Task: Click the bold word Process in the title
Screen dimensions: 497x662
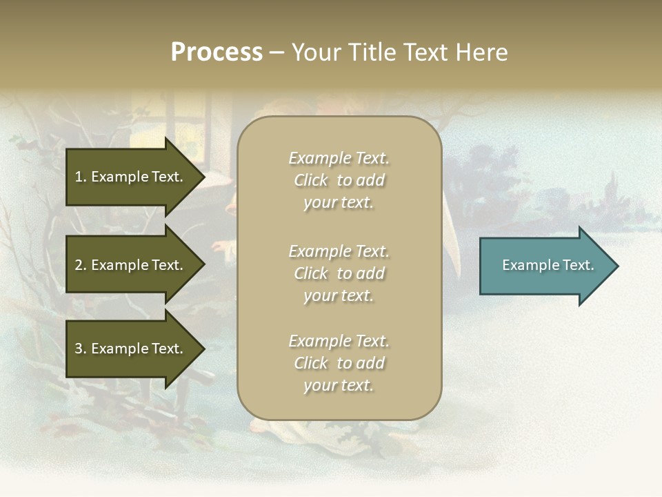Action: click(x=217, y=52)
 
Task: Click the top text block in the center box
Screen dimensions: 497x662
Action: click(x=339, y=180)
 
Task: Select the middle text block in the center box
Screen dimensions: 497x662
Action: click(x=339, y=273)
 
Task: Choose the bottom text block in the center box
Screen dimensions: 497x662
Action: click(x=339, y=363)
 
